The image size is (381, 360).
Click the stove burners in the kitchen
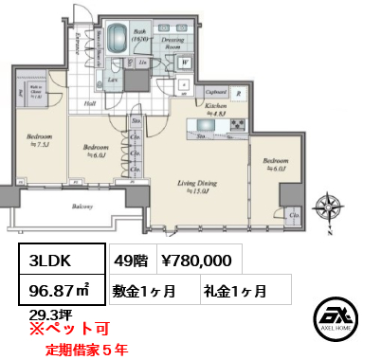[232, 124]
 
